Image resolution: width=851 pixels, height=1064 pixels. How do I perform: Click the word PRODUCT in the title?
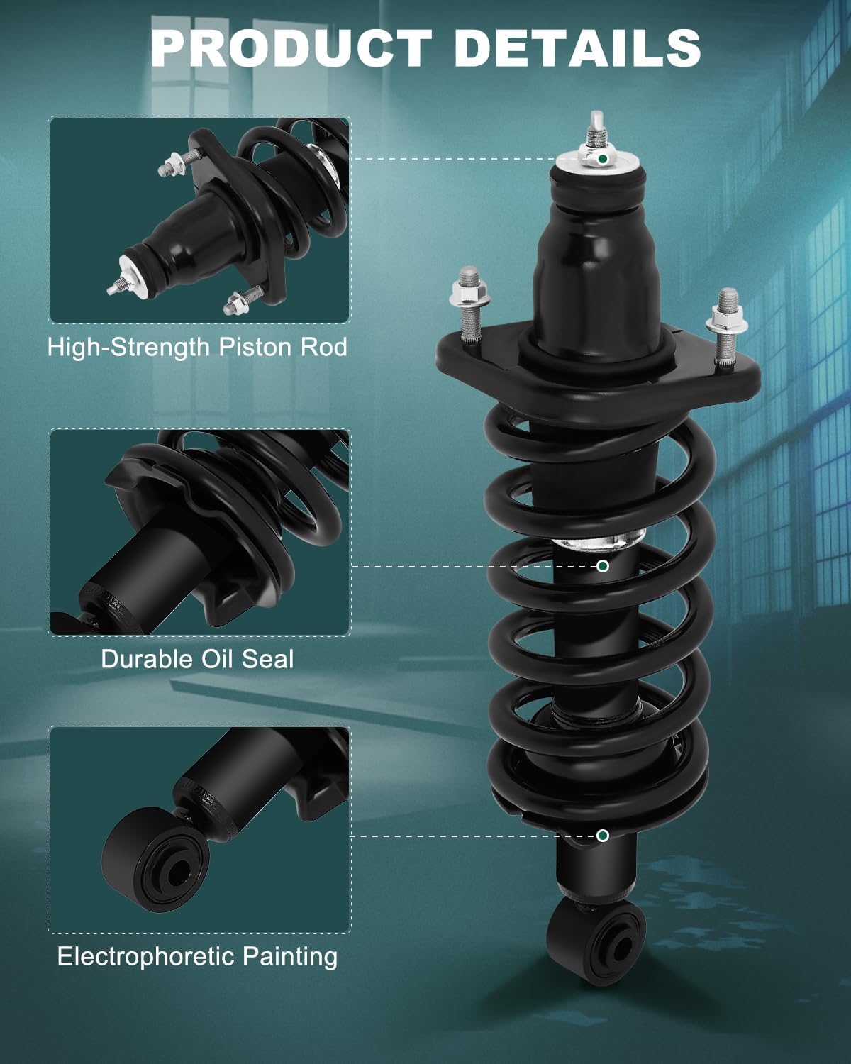[x=291, y=48]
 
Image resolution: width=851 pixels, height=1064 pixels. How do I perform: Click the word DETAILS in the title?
[x=577, y=48]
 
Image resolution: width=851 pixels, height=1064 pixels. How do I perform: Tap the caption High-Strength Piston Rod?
[x=197, y=347]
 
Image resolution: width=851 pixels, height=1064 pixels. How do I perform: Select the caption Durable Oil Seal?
[x=197, y=658]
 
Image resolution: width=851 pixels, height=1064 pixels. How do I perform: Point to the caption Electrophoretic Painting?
[x=197, y=956]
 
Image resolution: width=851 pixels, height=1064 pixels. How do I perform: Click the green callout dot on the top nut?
[x=603, y=159]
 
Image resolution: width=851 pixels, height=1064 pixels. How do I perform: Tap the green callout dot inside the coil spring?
[x=603, y=566]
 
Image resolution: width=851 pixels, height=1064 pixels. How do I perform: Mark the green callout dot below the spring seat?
[x=603, y=836]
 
